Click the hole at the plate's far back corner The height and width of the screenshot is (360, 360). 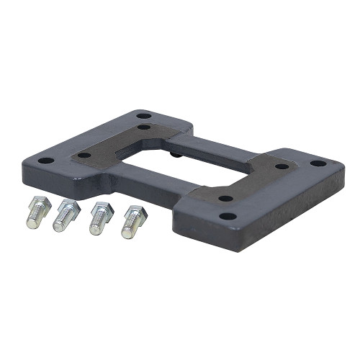[144, 115]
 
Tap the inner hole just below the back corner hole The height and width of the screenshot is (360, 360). [145, 128]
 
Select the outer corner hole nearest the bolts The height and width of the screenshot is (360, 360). [45, 161]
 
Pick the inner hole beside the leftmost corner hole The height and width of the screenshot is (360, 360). [84, 155]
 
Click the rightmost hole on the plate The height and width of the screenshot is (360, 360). [318, 163]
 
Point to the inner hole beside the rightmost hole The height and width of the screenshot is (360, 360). [282, 166]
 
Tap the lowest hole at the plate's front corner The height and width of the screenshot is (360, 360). [227, 215]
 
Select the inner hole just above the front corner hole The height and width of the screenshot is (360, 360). [225, 198]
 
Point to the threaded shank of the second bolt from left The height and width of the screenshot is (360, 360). [61, 223]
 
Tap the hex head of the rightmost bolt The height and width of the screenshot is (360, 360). [137, 213]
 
